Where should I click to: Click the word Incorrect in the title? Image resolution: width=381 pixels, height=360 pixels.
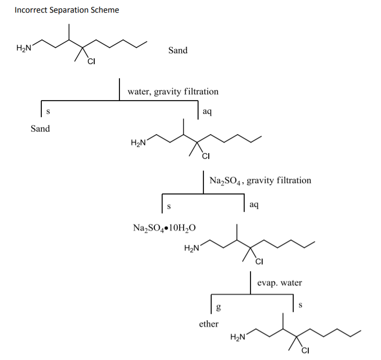coord(30,10)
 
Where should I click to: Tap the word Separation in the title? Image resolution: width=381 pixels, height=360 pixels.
coord(67,10)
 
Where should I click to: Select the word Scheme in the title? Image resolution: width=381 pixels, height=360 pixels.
coord(104,10)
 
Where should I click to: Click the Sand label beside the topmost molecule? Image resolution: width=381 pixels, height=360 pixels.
coord(178,50)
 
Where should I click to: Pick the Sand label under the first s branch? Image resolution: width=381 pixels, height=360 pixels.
coord(40,129)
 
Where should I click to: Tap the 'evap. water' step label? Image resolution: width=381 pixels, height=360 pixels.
coord(279,283)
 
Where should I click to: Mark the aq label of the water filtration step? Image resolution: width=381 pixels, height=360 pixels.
coord(207,112)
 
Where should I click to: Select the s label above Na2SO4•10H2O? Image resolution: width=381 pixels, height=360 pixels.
coord(169,206)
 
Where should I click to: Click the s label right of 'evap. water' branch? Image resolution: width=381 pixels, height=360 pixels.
coord(300,306)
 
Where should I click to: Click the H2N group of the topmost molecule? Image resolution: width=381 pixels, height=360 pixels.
coord(24,48)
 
